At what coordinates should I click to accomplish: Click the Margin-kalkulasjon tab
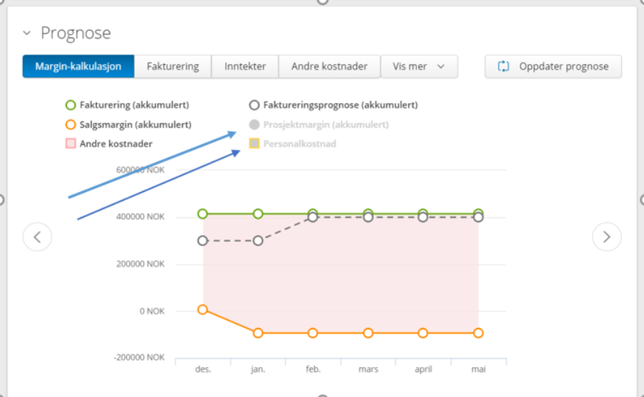[78, 66]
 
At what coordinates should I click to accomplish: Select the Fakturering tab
[173, 66]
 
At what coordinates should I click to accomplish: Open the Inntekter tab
[245, 66]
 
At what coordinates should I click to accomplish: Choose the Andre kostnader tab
[329, 66]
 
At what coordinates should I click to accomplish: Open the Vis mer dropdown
[420, 66]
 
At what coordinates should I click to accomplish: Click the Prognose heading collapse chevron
[27, 33]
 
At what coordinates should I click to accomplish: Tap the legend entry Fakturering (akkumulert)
[128, 105]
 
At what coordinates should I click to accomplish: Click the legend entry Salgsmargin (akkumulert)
[128, 125]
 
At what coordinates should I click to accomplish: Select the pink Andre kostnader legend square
[71, 144]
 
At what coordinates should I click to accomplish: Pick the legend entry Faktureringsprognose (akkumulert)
[333, 105]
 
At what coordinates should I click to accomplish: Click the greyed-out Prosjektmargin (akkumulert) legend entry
[318, 125]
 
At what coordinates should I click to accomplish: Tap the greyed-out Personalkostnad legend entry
[292, 144]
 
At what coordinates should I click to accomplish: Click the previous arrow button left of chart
[37, 237]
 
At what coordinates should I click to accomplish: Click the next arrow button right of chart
[607, 237]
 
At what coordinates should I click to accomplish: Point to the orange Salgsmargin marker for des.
[202, 309]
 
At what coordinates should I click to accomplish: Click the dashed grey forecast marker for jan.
[258, 240]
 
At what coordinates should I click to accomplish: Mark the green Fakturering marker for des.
[202, 213]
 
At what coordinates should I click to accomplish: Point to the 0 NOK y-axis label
[152, 312]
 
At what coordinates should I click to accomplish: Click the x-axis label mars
[368, 369]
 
